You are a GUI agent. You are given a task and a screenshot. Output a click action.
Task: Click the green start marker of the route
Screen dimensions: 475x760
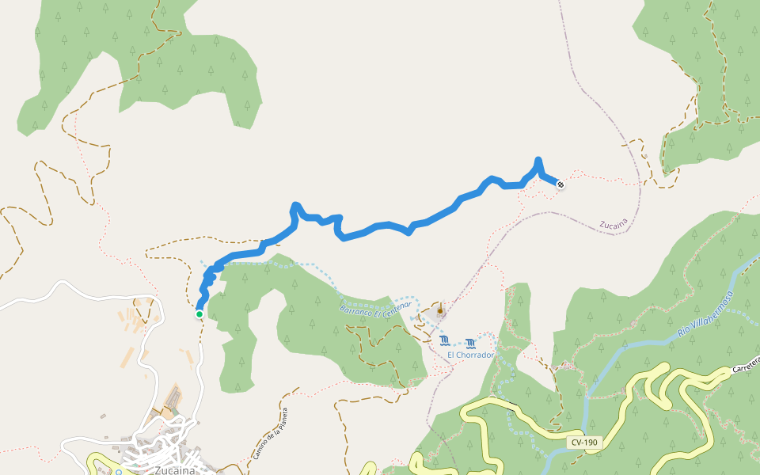pos(199,314)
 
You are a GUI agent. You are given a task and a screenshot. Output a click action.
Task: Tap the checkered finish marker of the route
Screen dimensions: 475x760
pos(560,184)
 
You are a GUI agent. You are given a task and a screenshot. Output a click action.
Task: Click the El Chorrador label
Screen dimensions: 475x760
pos(470,355)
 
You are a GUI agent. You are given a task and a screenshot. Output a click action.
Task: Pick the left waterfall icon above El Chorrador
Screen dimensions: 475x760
pos(444,341)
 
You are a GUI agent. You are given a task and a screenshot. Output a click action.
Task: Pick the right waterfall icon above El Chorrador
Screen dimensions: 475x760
pos(471,343)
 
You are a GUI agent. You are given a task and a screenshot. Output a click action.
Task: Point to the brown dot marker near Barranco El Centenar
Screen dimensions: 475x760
pos(440,311)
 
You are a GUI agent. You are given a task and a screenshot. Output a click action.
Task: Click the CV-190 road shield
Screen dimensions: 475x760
pos(583,443)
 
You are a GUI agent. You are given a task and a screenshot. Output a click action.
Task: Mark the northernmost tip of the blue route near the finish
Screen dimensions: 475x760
pos(538,160)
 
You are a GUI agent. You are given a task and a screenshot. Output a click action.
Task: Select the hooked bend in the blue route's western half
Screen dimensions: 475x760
pos(294,207)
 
